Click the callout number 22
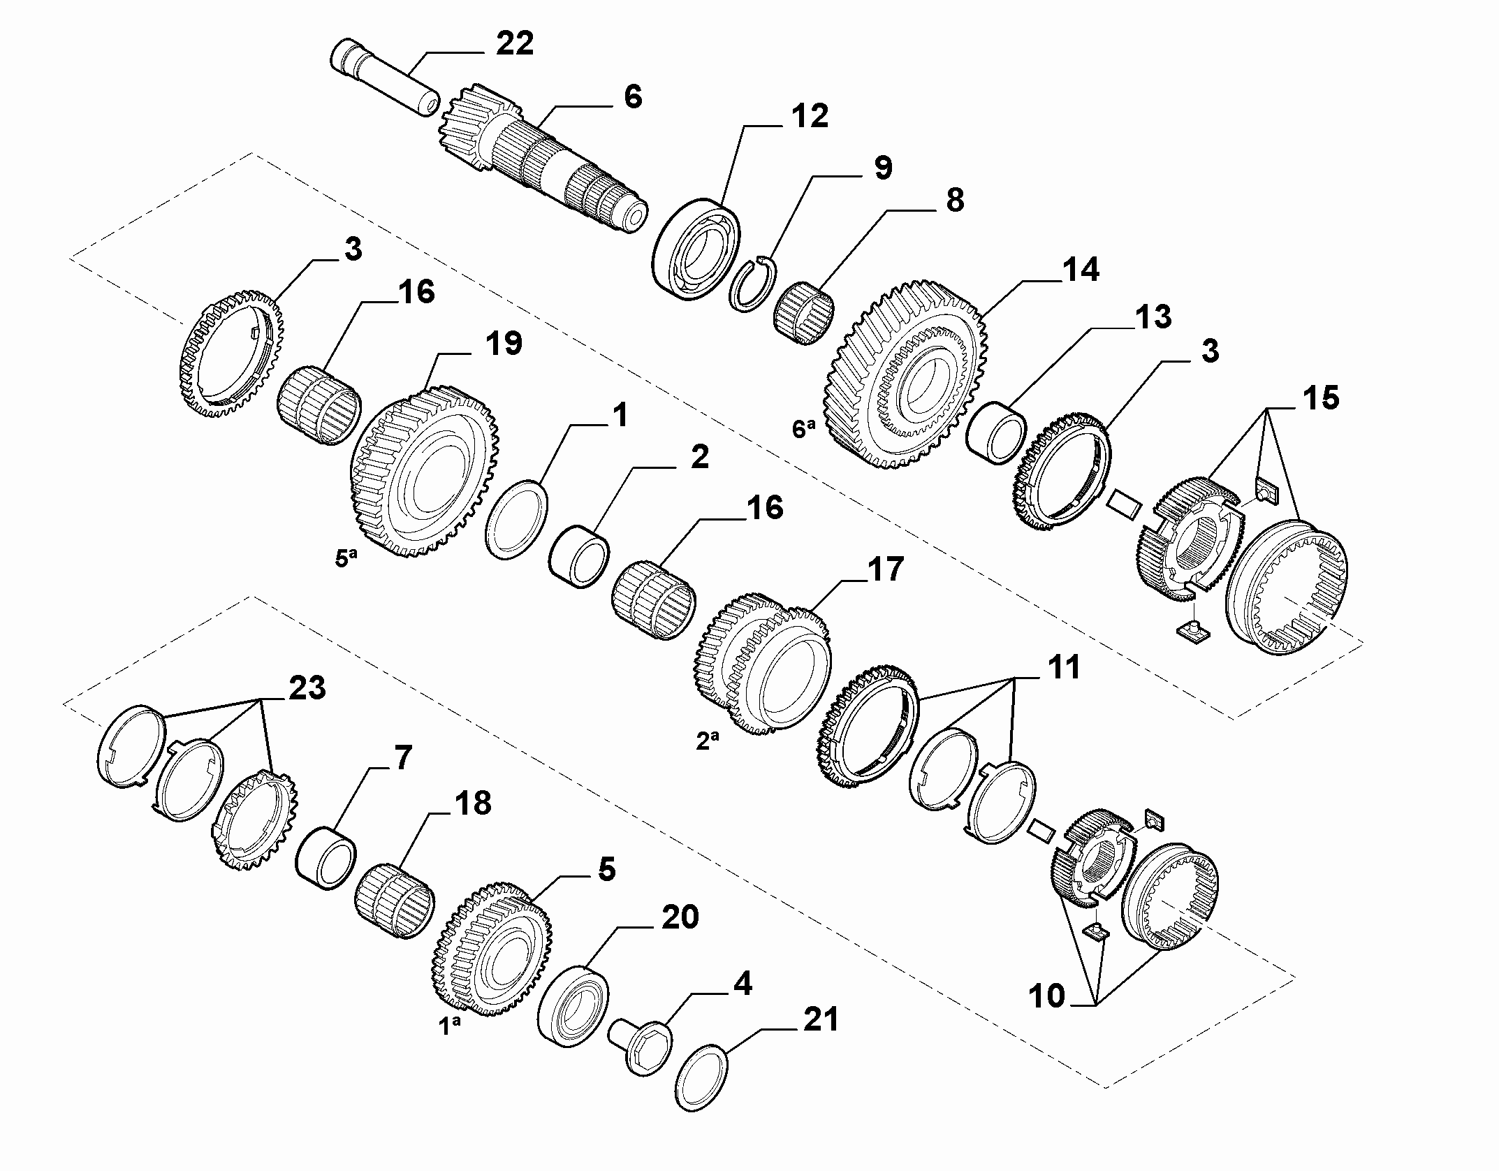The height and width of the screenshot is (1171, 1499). pos(514,44)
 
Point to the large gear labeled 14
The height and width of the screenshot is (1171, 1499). pos(908,375)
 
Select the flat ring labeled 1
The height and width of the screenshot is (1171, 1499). pos(517,519)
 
